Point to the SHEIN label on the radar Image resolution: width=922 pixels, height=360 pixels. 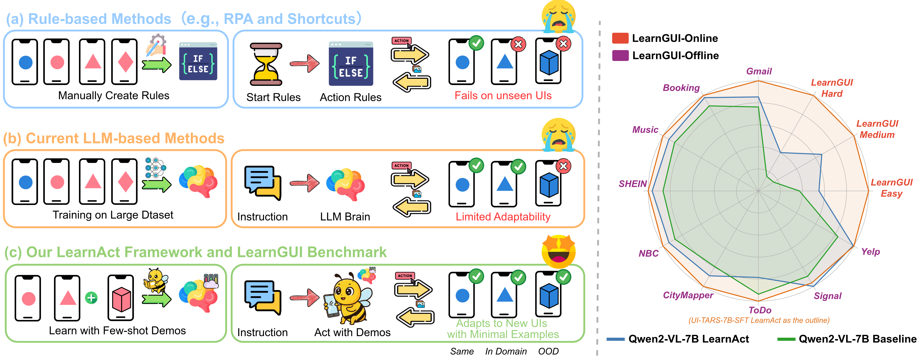coord(632,184)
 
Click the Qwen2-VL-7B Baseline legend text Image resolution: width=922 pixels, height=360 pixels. coord(857,339)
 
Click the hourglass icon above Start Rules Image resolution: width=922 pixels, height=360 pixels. coord(266,64)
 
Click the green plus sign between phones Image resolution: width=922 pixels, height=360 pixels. coord(91,298)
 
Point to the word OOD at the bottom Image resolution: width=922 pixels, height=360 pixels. coord(548,351)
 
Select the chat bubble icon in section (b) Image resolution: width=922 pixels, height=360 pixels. coord(262,183)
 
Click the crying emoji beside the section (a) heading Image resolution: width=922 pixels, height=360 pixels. coord(558,16)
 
